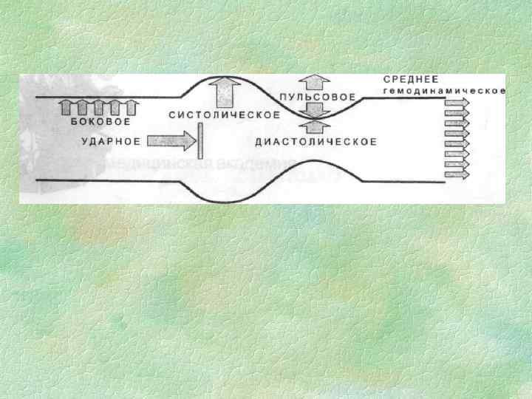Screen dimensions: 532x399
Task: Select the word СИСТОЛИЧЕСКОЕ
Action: (224, 115)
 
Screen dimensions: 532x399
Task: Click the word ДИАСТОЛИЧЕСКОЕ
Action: (316, 141)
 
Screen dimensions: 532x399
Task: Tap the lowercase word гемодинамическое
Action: (443, 92)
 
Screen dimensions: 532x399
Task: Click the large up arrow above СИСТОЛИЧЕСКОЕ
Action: (223, 93)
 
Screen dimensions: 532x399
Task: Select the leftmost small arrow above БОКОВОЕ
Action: (64, 108)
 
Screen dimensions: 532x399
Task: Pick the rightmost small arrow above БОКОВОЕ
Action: (132, 108)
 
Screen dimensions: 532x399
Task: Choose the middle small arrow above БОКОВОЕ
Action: (98, 108)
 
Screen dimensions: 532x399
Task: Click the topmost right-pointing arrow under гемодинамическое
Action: (457, 103)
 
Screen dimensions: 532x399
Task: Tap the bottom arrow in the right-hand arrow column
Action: (457, 176)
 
